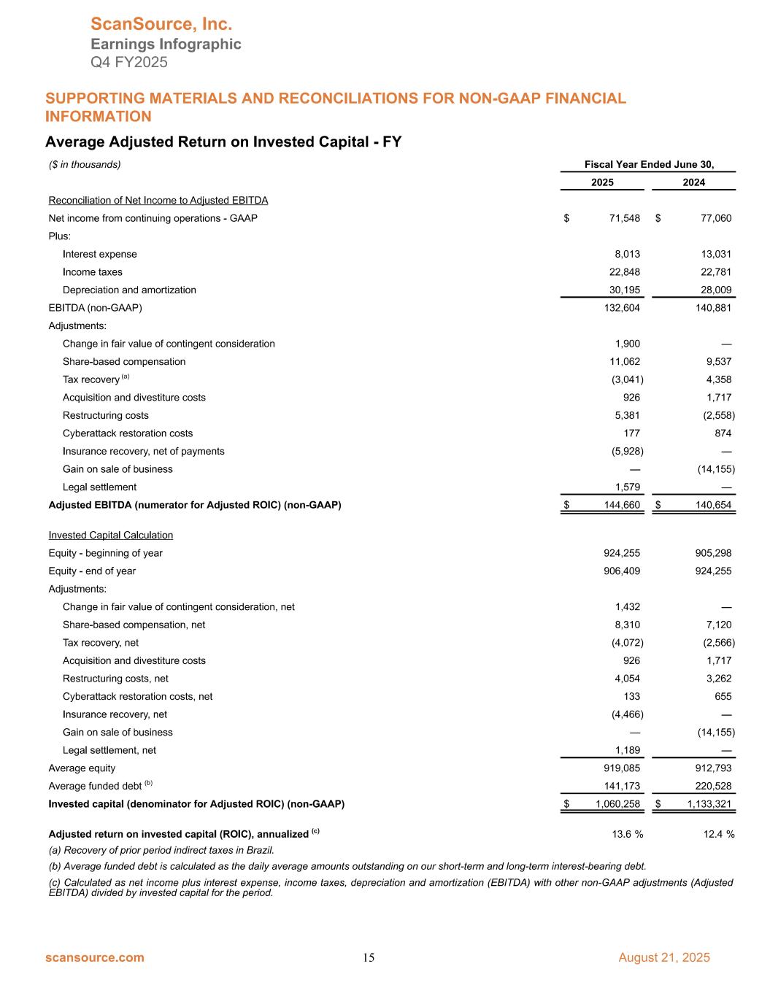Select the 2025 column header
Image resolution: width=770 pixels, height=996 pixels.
(602, 182)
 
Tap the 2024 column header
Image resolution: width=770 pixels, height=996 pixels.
(693, 182)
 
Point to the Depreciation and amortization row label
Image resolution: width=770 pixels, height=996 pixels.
(129, 290)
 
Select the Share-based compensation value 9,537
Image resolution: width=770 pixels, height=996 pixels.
(716, 361)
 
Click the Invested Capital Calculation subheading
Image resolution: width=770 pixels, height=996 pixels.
(110, 535)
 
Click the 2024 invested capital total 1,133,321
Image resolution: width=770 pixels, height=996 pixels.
(707, 804)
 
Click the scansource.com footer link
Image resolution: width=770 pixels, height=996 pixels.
(95, 957)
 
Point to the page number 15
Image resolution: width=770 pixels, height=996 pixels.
(369, 958)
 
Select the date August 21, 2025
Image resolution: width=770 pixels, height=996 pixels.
(663, 957)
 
